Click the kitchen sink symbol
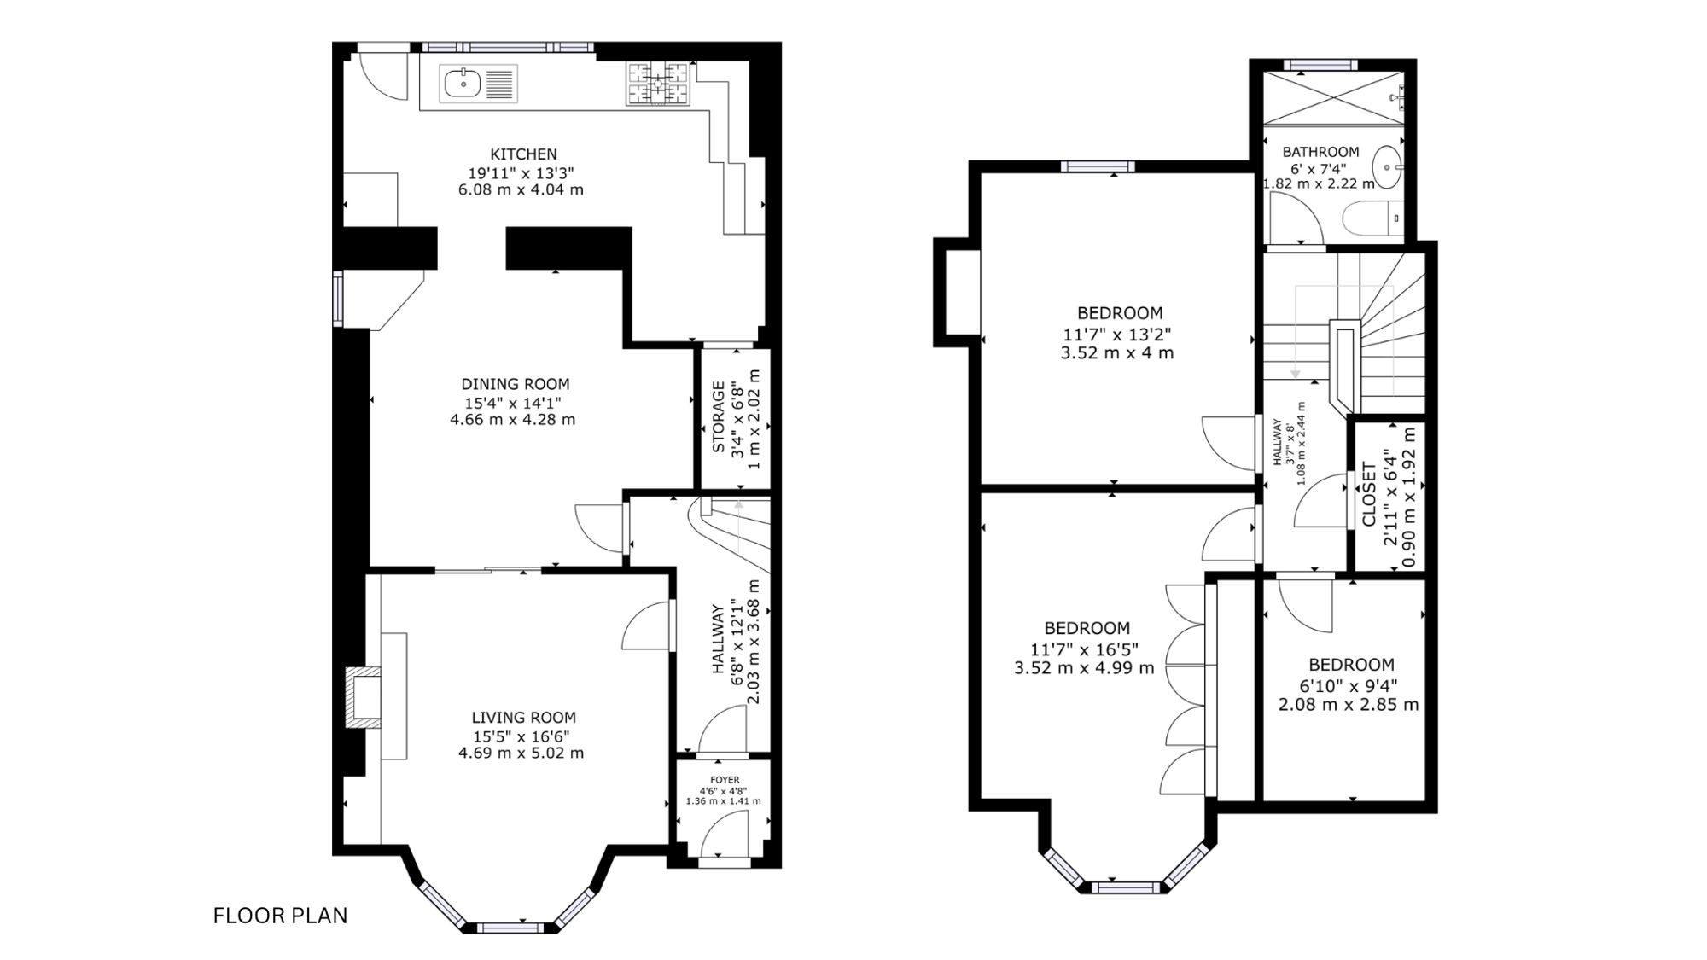point(478,84)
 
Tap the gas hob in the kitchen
point(658,84)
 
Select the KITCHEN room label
point(523,154)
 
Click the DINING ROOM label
point(515,384)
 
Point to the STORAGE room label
point(718,417)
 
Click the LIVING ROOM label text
point(523,718)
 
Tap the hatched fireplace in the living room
point(362,698)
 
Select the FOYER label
point(725,780)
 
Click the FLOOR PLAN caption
point(280,916)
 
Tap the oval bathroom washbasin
point(1387,167)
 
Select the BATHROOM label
point(1320,152)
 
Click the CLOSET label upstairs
point(1369,495)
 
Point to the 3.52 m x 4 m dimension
point(1116,352)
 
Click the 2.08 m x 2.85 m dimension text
point(1349,704)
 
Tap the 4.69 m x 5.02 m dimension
point(521,753)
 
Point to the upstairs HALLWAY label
point(1278,442)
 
